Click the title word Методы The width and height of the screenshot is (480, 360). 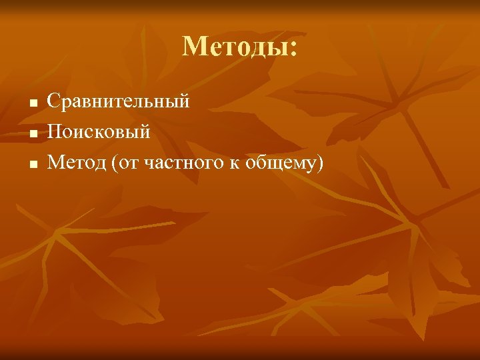pos(235,47)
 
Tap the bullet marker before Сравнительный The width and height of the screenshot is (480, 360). pos(31,103)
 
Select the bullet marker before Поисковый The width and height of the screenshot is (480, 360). pos(31,133)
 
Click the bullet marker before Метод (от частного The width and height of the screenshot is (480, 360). pos(31,163)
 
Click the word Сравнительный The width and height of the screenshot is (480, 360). pos(119,102)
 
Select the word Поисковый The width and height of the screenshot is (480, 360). pos(99,132)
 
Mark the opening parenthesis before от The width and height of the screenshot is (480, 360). pos(116,163)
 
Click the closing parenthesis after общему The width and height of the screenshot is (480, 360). pos(318,163)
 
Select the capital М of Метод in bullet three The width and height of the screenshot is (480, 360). pos(57,162)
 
